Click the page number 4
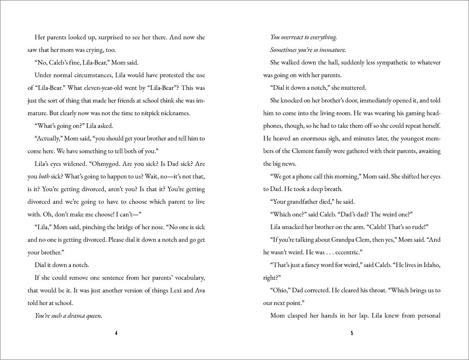117,333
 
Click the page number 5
351,333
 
